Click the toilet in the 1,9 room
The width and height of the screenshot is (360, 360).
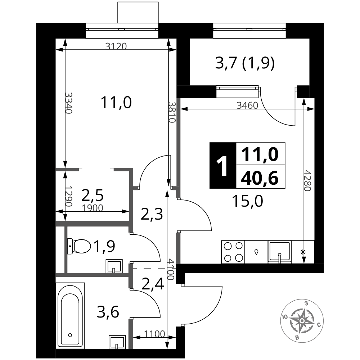pos(79,246)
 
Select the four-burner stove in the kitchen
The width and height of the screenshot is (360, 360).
pos(233,252)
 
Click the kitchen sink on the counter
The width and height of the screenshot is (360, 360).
pos(279,252)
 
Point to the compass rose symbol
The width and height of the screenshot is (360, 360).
pos(302,320)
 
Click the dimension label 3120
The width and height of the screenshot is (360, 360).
pos(116,46)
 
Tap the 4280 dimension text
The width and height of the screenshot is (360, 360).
pos(307,180)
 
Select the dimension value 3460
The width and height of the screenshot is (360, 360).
pos(248,105)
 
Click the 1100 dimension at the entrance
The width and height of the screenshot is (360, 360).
pos(154,334)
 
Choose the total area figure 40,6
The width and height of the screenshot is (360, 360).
pos(260,178)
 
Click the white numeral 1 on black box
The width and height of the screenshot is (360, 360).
pos(222,165)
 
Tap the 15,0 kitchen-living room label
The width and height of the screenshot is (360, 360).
pos(248,201)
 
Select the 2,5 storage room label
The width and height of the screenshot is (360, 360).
pos(93,195)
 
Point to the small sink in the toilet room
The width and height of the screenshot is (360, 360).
pos(114,266)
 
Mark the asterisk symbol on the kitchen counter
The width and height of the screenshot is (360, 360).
pos(303,252)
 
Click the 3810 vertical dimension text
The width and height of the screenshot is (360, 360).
pos(172,112)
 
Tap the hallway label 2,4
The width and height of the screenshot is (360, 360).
pos(153,284)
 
